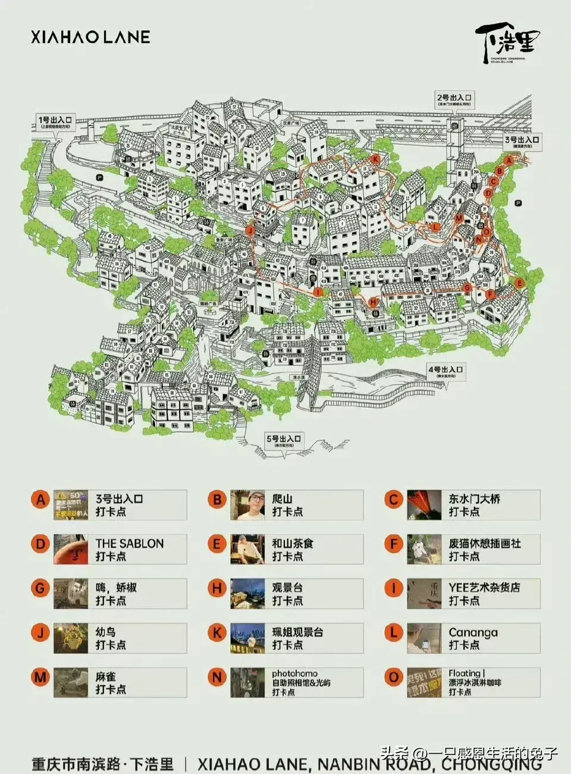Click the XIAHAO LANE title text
click(90, 37)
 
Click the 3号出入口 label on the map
click(522, 142)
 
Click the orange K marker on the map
click(375, 159)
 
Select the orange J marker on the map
click(250, 230)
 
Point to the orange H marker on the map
click(374, 302)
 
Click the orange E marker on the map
click(519, 283)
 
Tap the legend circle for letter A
click(40, 499)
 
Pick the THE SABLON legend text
click(130, 543)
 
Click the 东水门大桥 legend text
click(474, 499)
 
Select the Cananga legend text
click(473, 632)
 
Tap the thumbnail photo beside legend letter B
click(247, 505)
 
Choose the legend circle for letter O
click(393, 676)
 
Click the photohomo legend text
click(294, 673)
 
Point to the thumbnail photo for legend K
click(247, 638)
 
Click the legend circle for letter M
click(40, 676)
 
